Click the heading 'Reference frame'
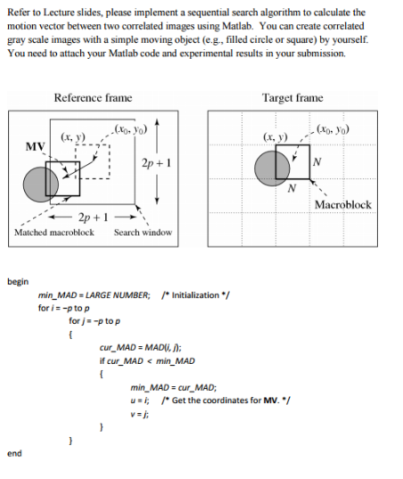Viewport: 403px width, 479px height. pos(93,97)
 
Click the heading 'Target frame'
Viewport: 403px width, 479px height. pos(292,97)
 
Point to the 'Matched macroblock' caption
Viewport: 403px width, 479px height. pos(54,232)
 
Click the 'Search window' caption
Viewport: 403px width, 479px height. pos(143,232)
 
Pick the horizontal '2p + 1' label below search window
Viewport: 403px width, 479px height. pos(95,219)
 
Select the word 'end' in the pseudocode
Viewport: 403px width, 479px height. pos(13,453)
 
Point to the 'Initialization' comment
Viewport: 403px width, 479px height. pos(193,295)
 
